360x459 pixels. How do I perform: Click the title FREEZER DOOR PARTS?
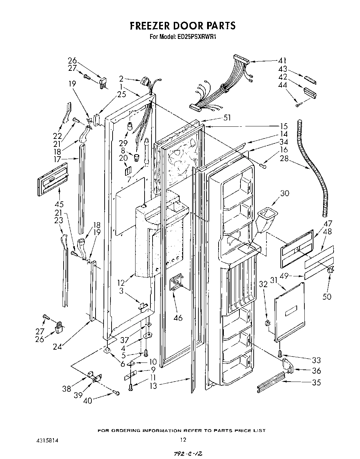[182, 26]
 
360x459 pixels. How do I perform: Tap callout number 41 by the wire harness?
[282, 61]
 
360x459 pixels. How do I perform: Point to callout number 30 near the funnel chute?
[285, 194]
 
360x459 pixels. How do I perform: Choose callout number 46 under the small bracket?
[178, 317]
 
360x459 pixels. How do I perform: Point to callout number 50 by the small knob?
[327, 296]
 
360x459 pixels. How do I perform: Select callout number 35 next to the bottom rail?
[316, 382]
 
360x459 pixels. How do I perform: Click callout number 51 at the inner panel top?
[227, 118]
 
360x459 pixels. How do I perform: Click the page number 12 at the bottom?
[183, 440]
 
